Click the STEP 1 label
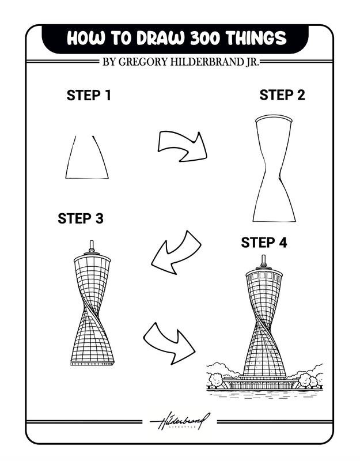point(89,96)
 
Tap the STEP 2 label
point(282,95)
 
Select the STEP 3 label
point(81,219)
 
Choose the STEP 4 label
point(264,243)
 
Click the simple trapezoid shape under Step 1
point(86,158)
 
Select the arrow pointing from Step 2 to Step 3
point(176,250)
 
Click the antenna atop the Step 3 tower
point(92,246)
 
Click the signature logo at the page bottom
point(180,421)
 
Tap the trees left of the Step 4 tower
point(218,378)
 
